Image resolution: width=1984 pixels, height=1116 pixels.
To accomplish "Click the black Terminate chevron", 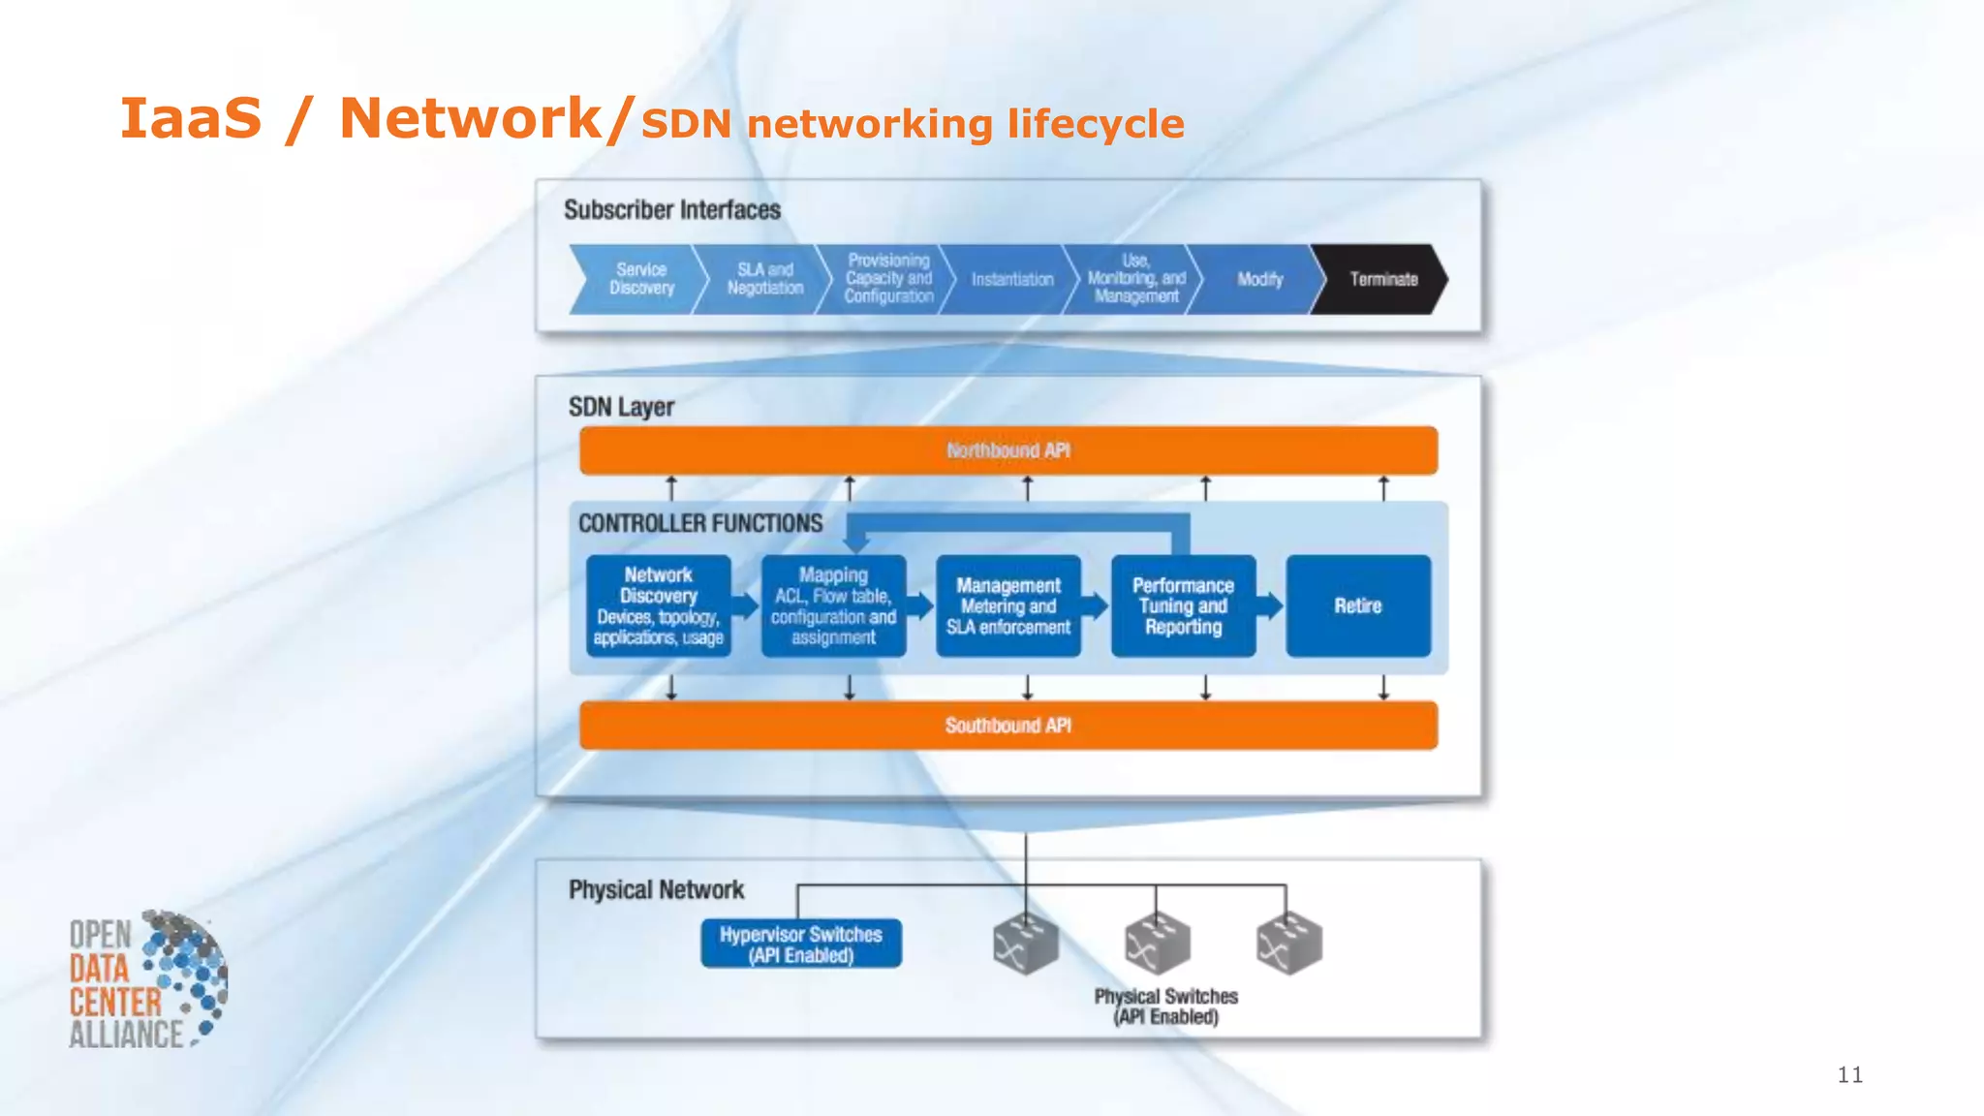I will point(1380,279).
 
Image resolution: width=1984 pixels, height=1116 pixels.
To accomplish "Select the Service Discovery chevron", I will point(639,279).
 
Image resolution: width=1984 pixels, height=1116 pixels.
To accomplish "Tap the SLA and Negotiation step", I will point(764,279).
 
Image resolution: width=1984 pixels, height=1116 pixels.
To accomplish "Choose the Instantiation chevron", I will point(1011,279).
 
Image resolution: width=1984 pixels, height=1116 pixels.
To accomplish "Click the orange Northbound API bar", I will point(1007,450).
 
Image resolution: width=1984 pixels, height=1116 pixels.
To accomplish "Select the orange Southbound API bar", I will point(1007,726).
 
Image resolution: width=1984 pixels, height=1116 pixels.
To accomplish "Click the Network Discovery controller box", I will point(659,605).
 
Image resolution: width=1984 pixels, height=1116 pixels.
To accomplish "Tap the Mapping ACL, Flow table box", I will point(833,605).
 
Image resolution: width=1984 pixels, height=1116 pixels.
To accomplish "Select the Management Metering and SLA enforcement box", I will point(1008,605).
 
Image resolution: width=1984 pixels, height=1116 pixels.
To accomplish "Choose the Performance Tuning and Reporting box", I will point(1183,605).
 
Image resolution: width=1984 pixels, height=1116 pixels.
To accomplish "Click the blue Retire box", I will point(1357,605).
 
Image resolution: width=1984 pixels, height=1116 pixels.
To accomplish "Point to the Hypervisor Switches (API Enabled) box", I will point(800,944).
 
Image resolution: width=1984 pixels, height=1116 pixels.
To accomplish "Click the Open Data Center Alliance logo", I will point(145,980).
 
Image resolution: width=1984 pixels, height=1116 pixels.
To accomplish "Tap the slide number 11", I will point(1849,1074).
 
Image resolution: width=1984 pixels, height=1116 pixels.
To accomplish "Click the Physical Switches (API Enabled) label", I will point(1165,1006).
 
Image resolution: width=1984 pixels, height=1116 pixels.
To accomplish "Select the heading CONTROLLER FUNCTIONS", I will point(699,523).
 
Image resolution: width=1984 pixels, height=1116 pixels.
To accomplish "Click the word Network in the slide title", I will point(471,118).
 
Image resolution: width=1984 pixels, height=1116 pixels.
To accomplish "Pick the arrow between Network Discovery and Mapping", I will point(745,605).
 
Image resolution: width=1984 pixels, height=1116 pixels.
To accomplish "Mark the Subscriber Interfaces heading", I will point(671,209).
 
